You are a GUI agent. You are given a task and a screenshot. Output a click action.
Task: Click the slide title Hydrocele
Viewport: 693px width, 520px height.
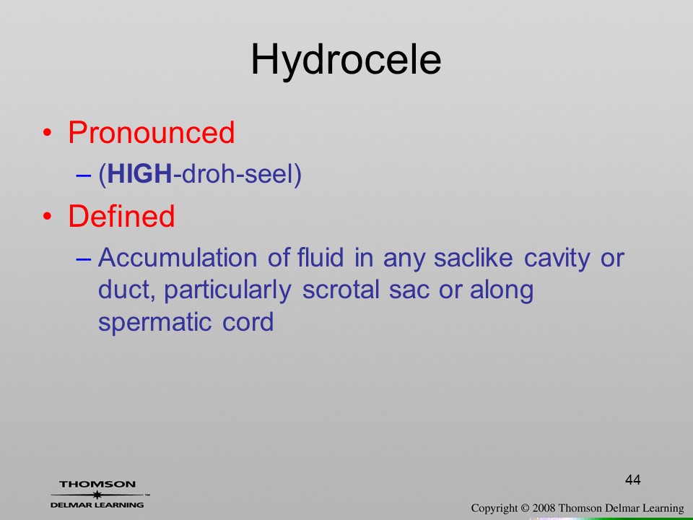pos(346,61)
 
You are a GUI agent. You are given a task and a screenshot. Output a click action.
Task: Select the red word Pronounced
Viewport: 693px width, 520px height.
pos(151,132)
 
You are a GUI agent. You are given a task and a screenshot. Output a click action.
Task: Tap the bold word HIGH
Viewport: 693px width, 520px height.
pos(139,173)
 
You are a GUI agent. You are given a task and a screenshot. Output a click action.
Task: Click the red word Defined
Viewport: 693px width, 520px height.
pos(121,216)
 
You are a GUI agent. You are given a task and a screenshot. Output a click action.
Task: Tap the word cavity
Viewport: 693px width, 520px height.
pos(557,259)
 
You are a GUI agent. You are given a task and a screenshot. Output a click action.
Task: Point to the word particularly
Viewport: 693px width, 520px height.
pos(227,291)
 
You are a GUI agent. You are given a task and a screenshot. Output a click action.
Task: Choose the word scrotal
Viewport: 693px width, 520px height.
pos(341,290)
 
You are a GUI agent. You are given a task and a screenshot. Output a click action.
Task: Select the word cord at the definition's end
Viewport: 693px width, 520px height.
pos(248,321)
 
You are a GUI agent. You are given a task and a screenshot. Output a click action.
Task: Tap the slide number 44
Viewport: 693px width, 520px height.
pos(633,480)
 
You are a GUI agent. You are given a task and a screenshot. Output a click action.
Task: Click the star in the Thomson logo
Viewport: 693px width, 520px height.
pos(97,495)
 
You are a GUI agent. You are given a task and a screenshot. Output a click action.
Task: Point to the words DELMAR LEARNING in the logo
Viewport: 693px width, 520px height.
pos(97,505)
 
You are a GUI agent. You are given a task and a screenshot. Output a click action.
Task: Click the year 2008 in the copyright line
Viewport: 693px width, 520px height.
pos(544,508)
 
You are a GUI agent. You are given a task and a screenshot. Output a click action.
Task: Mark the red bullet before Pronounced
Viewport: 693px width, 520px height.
pos(48,133)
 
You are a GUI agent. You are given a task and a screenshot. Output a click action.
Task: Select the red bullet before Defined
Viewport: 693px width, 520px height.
pos(48,216)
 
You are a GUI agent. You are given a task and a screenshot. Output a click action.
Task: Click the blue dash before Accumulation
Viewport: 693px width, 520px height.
pos(84,259)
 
